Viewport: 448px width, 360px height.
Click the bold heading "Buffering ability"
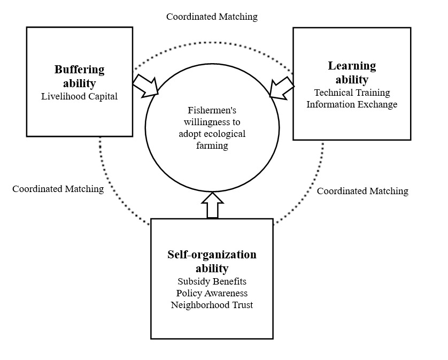pos(79,76)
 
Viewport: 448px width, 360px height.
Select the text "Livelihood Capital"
pos(79,96)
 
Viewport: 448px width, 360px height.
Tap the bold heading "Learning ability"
pos(352,73)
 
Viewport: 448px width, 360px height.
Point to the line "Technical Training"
pos(352,93)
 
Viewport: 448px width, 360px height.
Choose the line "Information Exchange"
pos(352,104)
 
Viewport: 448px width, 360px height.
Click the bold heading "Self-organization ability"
pos(212,261)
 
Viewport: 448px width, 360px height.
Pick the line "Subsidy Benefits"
pos(212,281)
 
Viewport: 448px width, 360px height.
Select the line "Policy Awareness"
pos(212,293)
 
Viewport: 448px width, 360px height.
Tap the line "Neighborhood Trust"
pos(212,305)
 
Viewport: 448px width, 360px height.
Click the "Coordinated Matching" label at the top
pos(212,17)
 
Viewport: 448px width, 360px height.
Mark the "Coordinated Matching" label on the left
pos(58,189)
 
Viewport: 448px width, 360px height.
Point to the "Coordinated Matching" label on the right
pos(362,191)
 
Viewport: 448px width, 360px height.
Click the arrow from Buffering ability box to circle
pos(146,86)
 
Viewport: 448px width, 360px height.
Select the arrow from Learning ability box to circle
pos(281,88)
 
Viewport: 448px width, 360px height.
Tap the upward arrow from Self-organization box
pos(212,205)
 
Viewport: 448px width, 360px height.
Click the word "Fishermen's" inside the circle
pos(212,111)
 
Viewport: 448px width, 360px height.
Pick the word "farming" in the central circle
pos(212,146)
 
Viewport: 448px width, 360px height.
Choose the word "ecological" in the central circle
pos(225,134)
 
